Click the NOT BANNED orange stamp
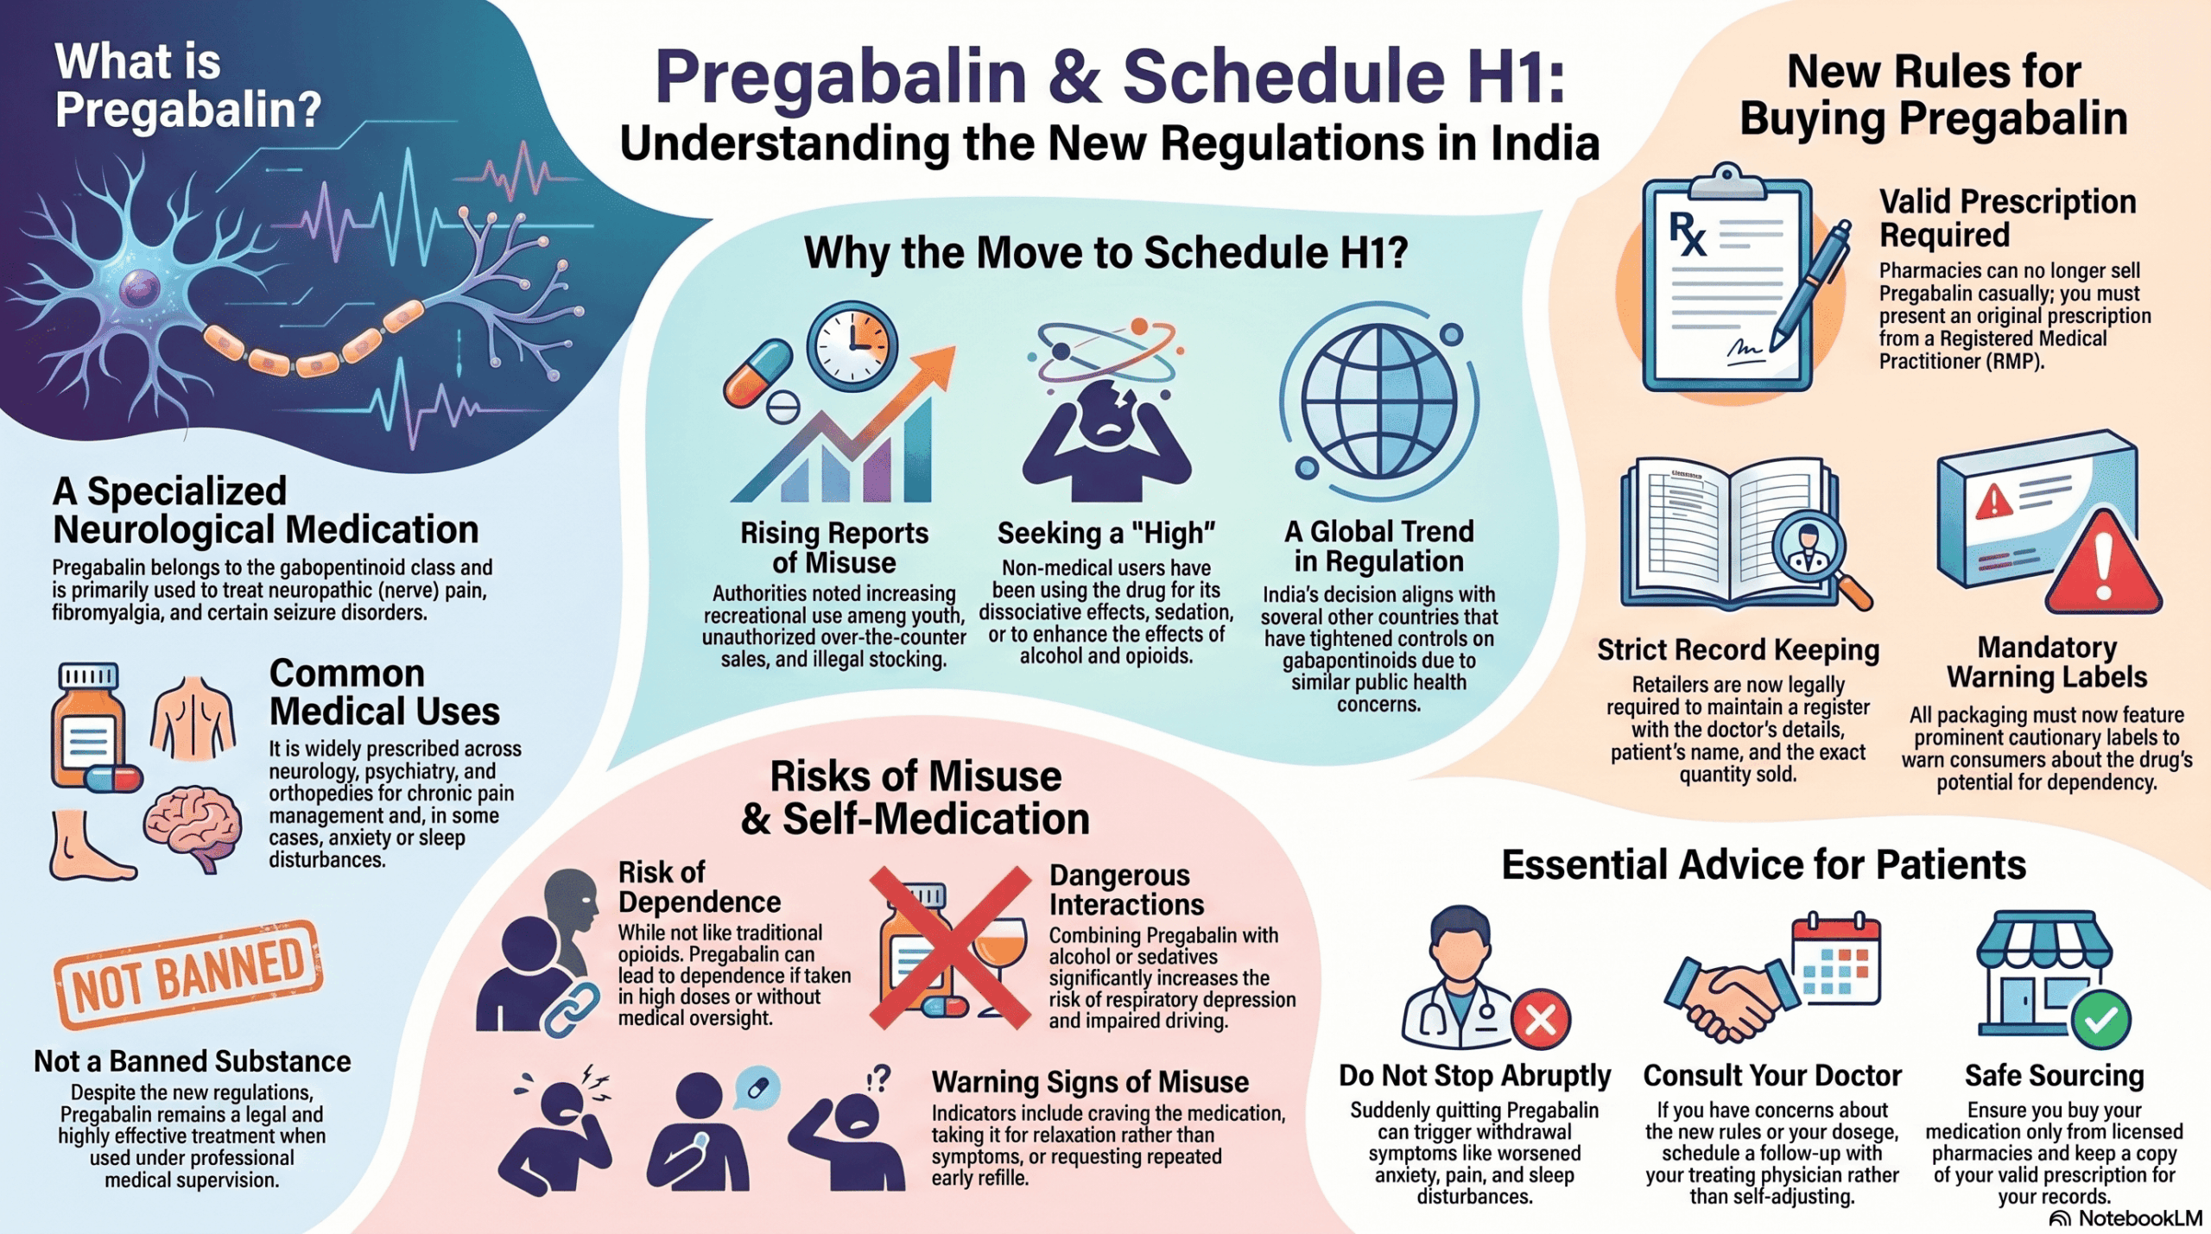coord(188,975)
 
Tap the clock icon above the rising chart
coord(852,345)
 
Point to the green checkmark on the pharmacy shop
coord(2100,1021)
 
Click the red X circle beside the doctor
coord(1541,1020)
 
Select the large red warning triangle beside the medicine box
coord(2103,563)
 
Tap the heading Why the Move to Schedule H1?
coord(1105,253)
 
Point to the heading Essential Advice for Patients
coord(1764,864)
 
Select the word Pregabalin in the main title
coord(841,76)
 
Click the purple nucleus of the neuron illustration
coord(141,288)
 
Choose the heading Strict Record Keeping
coord(1738,649)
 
